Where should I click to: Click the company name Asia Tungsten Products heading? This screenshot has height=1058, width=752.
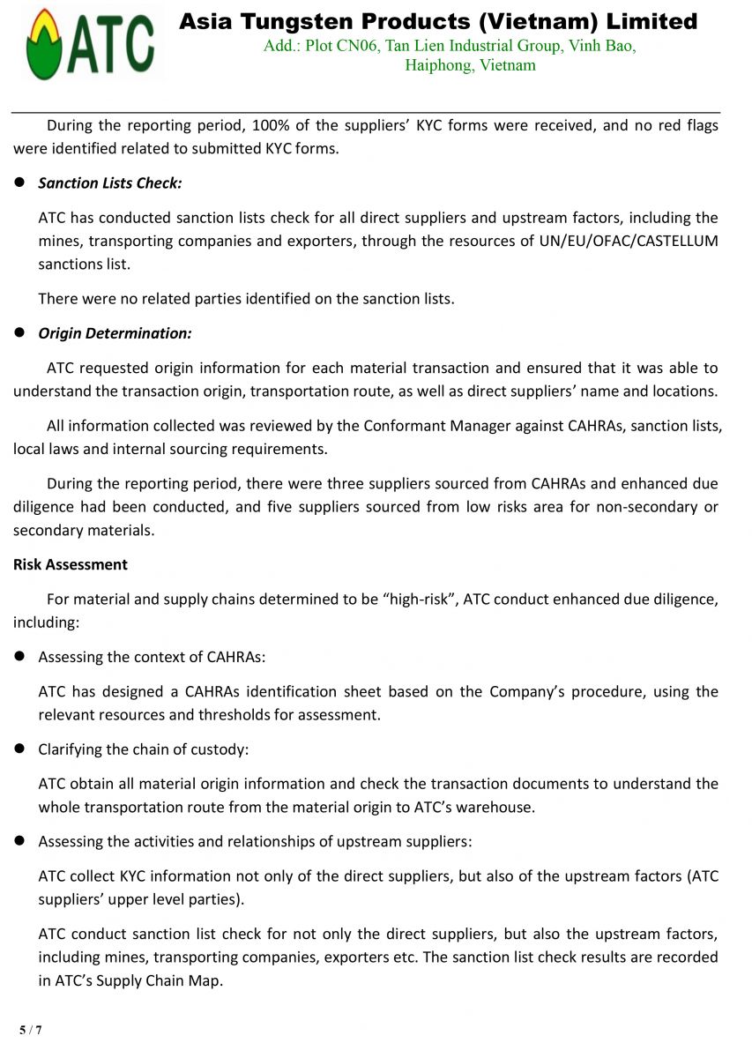click(x=437, y=22)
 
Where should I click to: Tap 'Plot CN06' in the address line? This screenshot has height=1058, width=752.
click(x=342, y=46)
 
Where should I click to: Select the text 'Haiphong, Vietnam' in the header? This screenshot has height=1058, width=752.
click(x=470, y=66)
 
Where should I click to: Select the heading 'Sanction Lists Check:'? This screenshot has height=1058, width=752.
click(x=110, y=183)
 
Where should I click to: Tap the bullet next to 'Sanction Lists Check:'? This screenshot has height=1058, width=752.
click(x=20, y=183)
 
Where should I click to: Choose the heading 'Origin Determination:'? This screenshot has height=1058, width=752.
click(x=115, y=333)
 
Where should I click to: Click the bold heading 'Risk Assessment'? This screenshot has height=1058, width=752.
click(x=71, y=565)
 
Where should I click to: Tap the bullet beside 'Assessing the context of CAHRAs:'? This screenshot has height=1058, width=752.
click(x=20, y=658)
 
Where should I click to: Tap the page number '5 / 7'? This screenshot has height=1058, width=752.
click(x=31, y=1030)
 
